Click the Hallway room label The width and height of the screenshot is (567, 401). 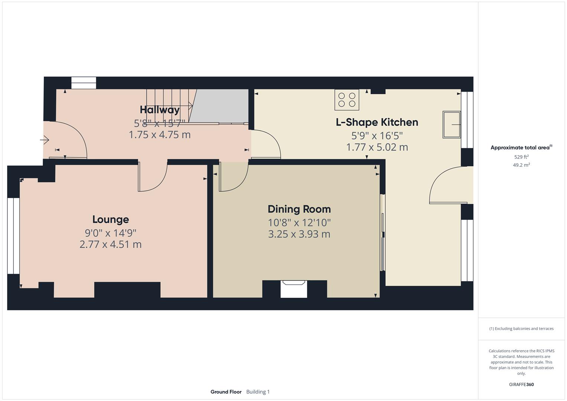[160, 110]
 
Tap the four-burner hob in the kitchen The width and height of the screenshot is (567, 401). [347, 100]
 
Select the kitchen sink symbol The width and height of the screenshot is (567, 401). [452, 125]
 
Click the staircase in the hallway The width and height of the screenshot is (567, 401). [169, 106]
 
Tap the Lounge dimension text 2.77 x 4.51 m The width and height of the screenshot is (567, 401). [110, 244]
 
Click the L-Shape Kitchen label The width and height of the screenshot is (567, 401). [377, 122]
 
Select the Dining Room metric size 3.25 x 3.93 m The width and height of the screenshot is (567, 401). [299, 234]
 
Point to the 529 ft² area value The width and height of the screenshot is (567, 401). [521, 157]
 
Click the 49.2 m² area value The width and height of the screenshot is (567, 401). [521, 165]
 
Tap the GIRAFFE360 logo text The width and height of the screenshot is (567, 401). [521, 384]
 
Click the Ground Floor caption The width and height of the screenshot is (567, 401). [226, 392]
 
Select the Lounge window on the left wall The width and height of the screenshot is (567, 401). [14, 236]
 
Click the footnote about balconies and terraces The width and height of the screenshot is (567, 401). [521, 329]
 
